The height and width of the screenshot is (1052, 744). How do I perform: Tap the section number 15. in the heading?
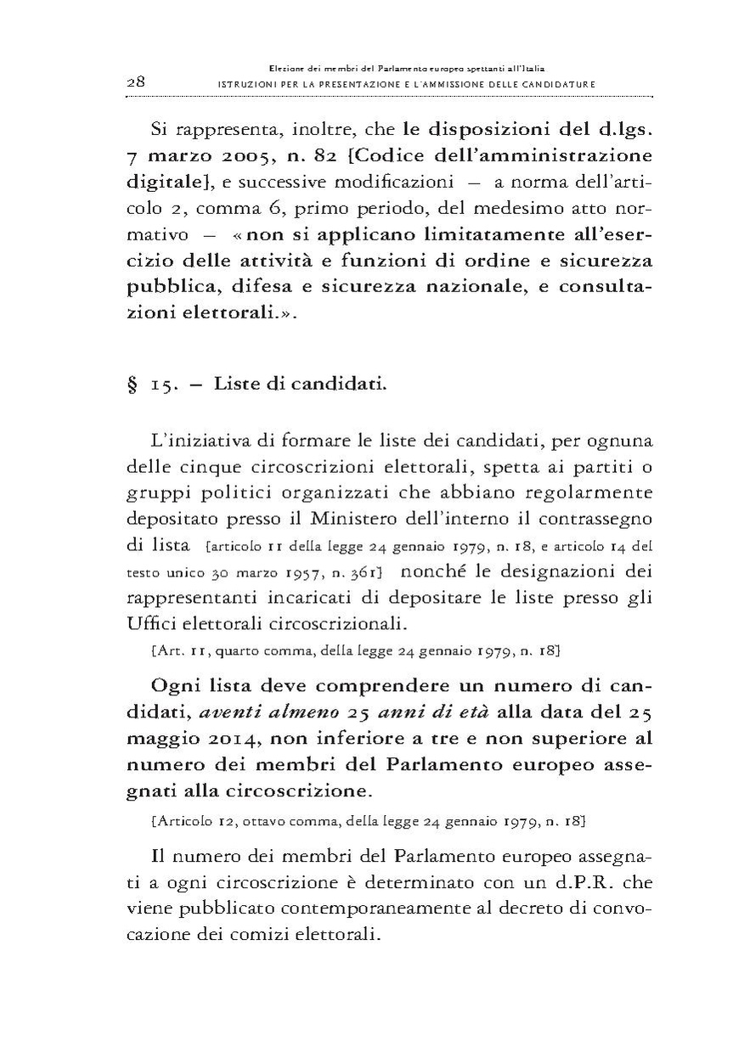163,385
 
